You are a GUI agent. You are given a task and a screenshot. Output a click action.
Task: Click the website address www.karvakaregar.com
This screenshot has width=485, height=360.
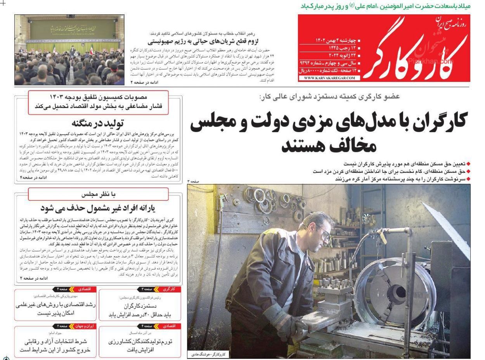(329, 78)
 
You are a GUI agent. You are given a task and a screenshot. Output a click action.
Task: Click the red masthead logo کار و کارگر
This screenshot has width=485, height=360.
(415, 50)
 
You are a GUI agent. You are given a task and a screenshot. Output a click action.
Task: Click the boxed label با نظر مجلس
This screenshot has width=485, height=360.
(99, 194)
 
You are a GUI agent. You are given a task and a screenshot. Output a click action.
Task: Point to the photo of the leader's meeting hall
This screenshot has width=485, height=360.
(69, 50)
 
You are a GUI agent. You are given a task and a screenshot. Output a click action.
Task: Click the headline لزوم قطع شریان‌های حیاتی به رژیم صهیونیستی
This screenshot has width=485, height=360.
(203, 42)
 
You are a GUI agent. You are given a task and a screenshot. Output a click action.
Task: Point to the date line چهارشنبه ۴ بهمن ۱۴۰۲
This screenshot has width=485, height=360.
(337, 40)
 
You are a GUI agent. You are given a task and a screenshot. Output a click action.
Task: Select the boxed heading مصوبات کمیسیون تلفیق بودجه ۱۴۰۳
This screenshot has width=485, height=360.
(99, 97)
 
